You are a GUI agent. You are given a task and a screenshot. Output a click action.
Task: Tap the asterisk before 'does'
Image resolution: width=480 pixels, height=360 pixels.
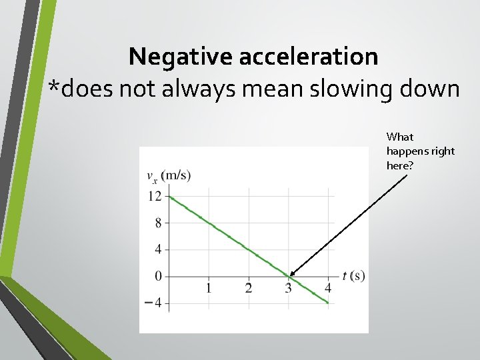(55, 85)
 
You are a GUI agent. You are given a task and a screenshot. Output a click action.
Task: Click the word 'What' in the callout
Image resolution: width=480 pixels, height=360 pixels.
(400, 137)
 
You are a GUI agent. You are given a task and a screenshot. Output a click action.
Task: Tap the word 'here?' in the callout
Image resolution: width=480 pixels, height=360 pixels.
(400, 165)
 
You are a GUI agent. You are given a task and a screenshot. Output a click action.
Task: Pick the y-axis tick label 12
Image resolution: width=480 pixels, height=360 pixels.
(155, 196)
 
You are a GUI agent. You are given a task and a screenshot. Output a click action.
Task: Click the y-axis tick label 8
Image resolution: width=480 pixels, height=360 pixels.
(157, 223)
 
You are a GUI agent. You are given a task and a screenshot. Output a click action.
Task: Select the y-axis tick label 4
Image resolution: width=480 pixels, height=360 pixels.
(157, 249)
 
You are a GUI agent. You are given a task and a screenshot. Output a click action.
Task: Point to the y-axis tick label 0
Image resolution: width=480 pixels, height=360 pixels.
(157, 276)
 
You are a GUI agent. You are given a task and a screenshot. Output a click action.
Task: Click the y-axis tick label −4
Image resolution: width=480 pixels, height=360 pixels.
(154, 303)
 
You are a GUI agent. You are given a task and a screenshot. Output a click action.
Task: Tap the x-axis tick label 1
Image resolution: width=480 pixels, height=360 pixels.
(209, 288)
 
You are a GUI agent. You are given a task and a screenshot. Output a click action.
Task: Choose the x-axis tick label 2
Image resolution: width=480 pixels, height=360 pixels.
(249, 288)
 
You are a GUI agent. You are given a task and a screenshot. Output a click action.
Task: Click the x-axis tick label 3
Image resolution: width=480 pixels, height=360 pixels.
(288, 288)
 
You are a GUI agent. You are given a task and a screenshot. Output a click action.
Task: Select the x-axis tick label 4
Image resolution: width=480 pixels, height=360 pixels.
(328, 288)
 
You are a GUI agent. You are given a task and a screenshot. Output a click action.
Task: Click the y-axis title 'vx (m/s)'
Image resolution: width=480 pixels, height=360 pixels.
(168, 176)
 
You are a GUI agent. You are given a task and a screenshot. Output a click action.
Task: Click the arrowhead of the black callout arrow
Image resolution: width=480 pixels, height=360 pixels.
(292, 274)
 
